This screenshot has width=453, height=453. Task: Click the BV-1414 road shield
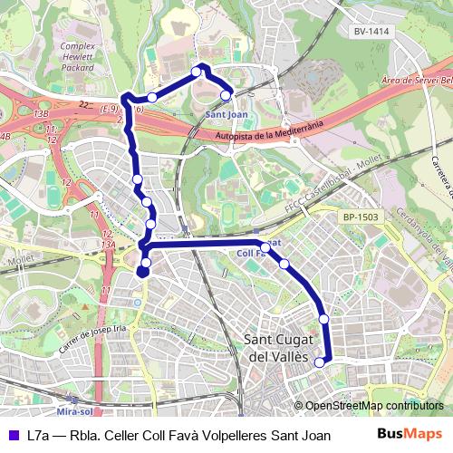pyautogui.click(x=372, y=32)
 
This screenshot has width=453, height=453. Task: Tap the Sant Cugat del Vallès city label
pyautogui.click(x=281, y=347)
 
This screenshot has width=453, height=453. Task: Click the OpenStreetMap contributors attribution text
pyautogui.click(x=369, y=406)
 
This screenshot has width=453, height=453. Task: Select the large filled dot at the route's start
pyautogui.click(x=142, y=270)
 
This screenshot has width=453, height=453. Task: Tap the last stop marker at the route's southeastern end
pyautogui.click(x=319, y=362)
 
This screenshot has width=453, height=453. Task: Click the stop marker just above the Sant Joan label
pyautogui.click(x=226, y=94)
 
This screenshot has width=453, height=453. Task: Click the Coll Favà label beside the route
pyautogui.click(x=253, y=255)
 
